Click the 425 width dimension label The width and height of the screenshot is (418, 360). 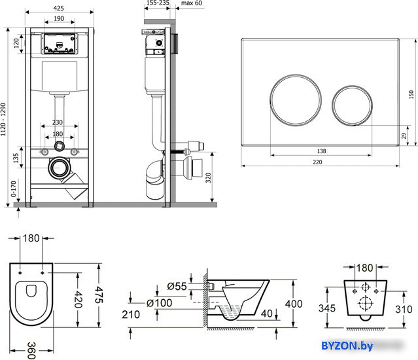[x=58, y=9]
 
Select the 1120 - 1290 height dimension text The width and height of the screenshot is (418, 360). [x=3, y=120]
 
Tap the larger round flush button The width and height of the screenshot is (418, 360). [x=296, y=100]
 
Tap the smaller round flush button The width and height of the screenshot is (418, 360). [x=352, y=105]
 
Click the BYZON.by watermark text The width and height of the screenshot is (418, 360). [x=347, y=346]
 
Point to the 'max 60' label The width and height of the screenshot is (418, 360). [x=192, y=3]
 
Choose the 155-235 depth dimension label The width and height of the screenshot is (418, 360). [x=158, y=3]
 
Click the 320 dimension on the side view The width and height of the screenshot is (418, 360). [x=208, y=177]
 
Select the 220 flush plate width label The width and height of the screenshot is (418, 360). [x=317, y=162]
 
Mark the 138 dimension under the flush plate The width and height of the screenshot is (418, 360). [x=321, y=151]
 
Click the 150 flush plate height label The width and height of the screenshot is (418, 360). [x=411, y=94]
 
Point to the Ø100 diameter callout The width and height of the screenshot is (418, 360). [x=160, y=303]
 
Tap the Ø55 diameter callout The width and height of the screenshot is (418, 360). [x=177, y=287]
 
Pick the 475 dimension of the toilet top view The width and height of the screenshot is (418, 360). [x=99, y=295]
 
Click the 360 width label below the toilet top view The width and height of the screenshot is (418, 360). [x=31, y=351]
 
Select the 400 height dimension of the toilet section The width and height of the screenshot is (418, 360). [x=294, y=304]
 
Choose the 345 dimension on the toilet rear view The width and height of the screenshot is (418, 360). [x=327, y=308]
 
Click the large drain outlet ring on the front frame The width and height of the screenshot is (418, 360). [x=59, y=168]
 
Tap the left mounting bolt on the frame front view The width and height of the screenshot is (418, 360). [x=44, y=152]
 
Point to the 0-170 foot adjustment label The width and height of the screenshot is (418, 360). [x=14, y=189]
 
